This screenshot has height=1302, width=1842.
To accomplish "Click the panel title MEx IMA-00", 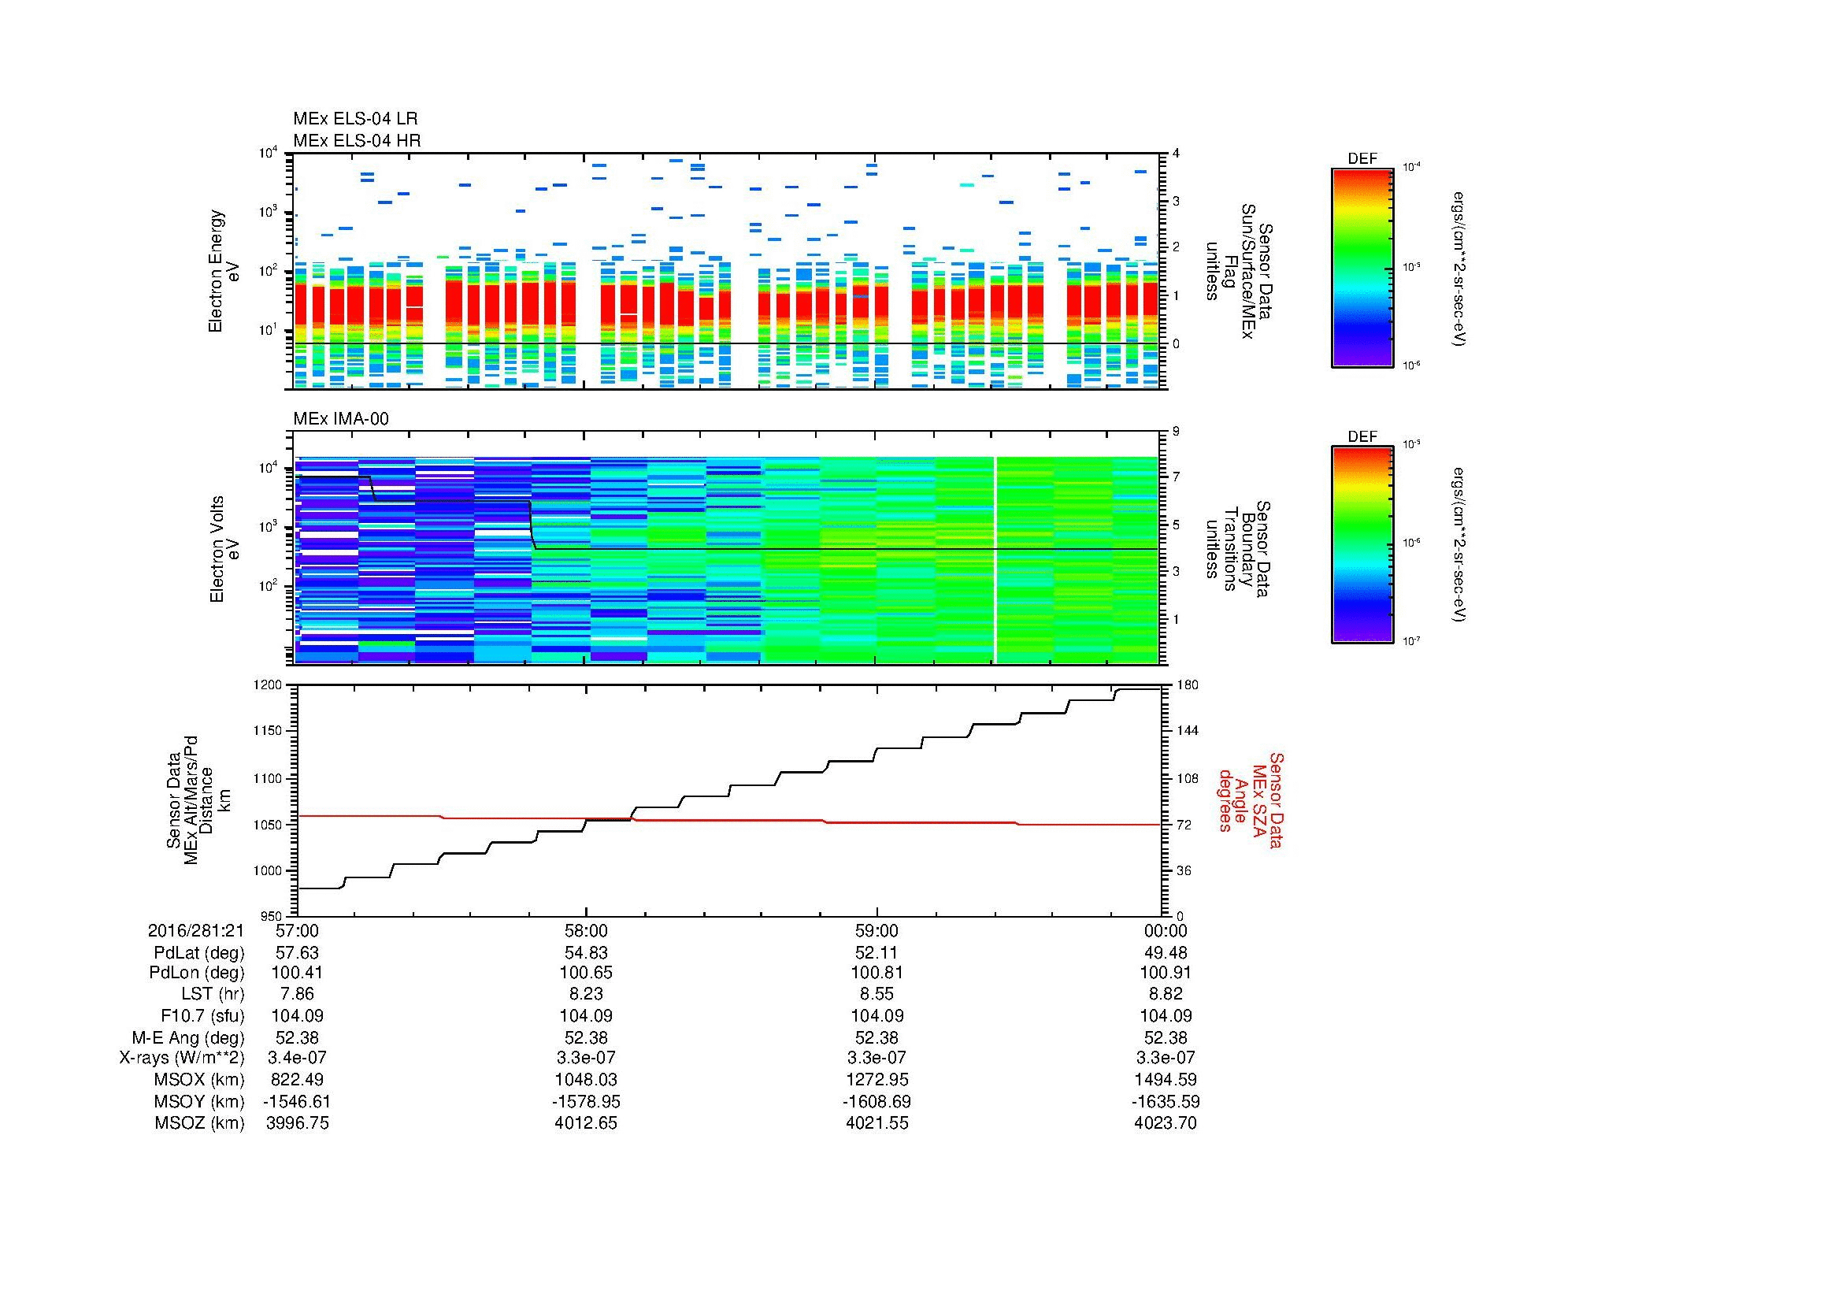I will tap(340, 419).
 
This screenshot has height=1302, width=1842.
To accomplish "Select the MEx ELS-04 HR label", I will tap(356, 140).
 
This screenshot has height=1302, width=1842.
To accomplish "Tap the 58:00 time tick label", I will tap(587, 930).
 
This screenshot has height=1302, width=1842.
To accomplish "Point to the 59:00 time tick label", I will tap(877, 930).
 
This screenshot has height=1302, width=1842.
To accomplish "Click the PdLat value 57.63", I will tap(297, 953).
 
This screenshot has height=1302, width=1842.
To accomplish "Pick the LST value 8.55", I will tap(877, 994).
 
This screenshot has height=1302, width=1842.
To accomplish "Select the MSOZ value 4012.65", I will tap(587, 1123).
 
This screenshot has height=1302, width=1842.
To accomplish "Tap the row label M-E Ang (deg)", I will tap(187, 1037).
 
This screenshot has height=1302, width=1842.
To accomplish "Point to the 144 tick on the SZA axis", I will tap(1187, 731).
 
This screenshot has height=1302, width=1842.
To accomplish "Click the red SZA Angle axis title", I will tap(1250, 799).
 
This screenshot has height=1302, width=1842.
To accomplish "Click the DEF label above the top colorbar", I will tap(1362, 159).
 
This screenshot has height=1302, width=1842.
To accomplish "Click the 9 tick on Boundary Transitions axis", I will tap(1175, 432).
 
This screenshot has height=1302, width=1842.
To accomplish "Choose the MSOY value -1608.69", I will tap(877, 1101).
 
